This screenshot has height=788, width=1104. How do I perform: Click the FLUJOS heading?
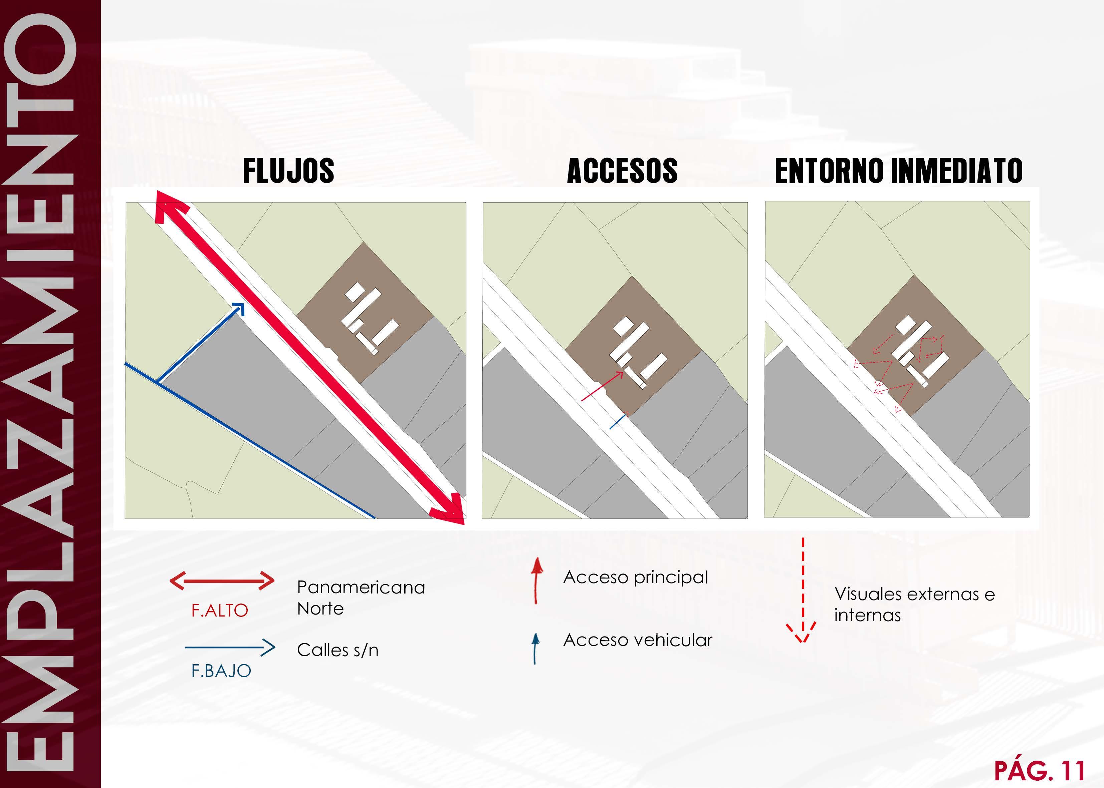(288, 171)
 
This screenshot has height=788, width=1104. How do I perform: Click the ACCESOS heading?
(622, 171)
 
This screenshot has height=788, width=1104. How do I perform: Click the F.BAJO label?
(221, 671)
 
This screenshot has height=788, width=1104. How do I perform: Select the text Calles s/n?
(338, 650)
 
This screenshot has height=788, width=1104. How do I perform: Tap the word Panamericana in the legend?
(361, 587)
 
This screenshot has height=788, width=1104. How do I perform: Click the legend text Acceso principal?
(635, 577)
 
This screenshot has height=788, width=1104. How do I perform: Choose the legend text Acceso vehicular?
(637, 640)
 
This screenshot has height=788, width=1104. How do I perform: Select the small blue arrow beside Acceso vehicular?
(535, 648)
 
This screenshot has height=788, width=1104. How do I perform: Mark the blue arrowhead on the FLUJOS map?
(238, 309)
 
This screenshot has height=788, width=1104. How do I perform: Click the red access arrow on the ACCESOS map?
(602, 386)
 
